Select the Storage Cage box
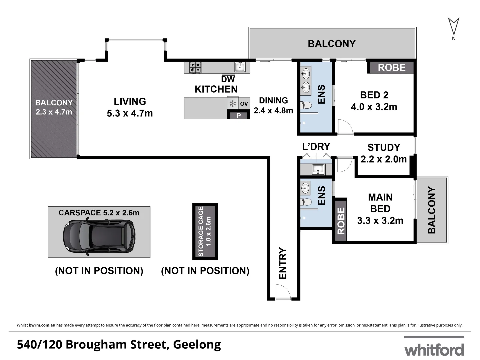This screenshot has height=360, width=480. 205,231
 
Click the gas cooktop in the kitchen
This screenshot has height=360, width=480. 195,67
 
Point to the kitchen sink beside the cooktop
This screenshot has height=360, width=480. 240,67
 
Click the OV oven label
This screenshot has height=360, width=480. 244,104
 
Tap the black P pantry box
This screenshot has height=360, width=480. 238,116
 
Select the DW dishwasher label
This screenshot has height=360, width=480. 228,79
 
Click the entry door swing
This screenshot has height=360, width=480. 283,292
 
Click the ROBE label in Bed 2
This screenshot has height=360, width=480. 392,68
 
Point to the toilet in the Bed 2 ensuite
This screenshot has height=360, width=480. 306,106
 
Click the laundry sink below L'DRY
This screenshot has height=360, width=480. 318,169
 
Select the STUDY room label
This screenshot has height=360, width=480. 384,147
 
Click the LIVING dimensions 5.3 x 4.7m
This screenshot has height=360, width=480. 130,113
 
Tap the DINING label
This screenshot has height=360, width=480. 273,100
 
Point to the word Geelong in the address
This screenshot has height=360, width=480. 197,344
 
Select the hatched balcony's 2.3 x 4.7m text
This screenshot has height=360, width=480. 54,112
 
